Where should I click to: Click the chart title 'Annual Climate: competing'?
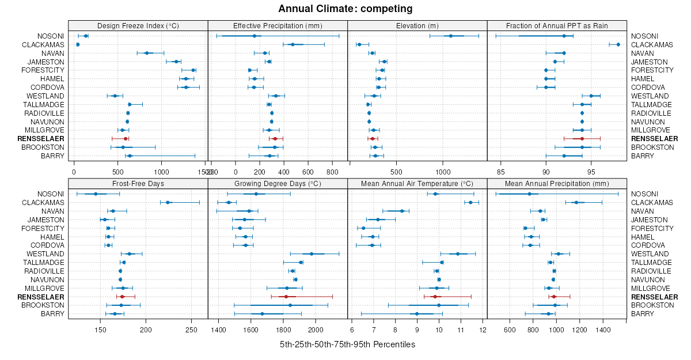pyautogui.click(x=345, y=9)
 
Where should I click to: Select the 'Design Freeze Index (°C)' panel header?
pyautogui.click(x=138, y=25)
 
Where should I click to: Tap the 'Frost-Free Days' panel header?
pyautogui.click(x=138, y=183)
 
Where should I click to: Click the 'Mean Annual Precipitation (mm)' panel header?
pyautogui.click(x=556, y=183)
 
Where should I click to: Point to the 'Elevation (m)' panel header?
pyautogui.click(x=417, y=25)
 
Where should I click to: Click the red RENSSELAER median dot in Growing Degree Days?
pyautogui.click(x=286, y=297)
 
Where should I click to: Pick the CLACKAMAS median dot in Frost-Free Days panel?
pyautogui.click(x=168, y=202)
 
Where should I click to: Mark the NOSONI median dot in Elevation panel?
pyautogui.click(x=451, y=36)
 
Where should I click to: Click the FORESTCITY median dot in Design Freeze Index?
pyautogui.click(x=193, y=70)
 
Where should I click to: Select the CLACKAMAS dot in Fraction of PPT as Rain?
pyautogui.click(x=618, y=44)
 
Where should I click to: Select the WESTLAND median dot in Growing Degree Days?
pyautogui.click(x=312, y=254)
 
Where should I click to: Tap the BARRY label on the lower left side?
pyautogui.click(x=53, y=313)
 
